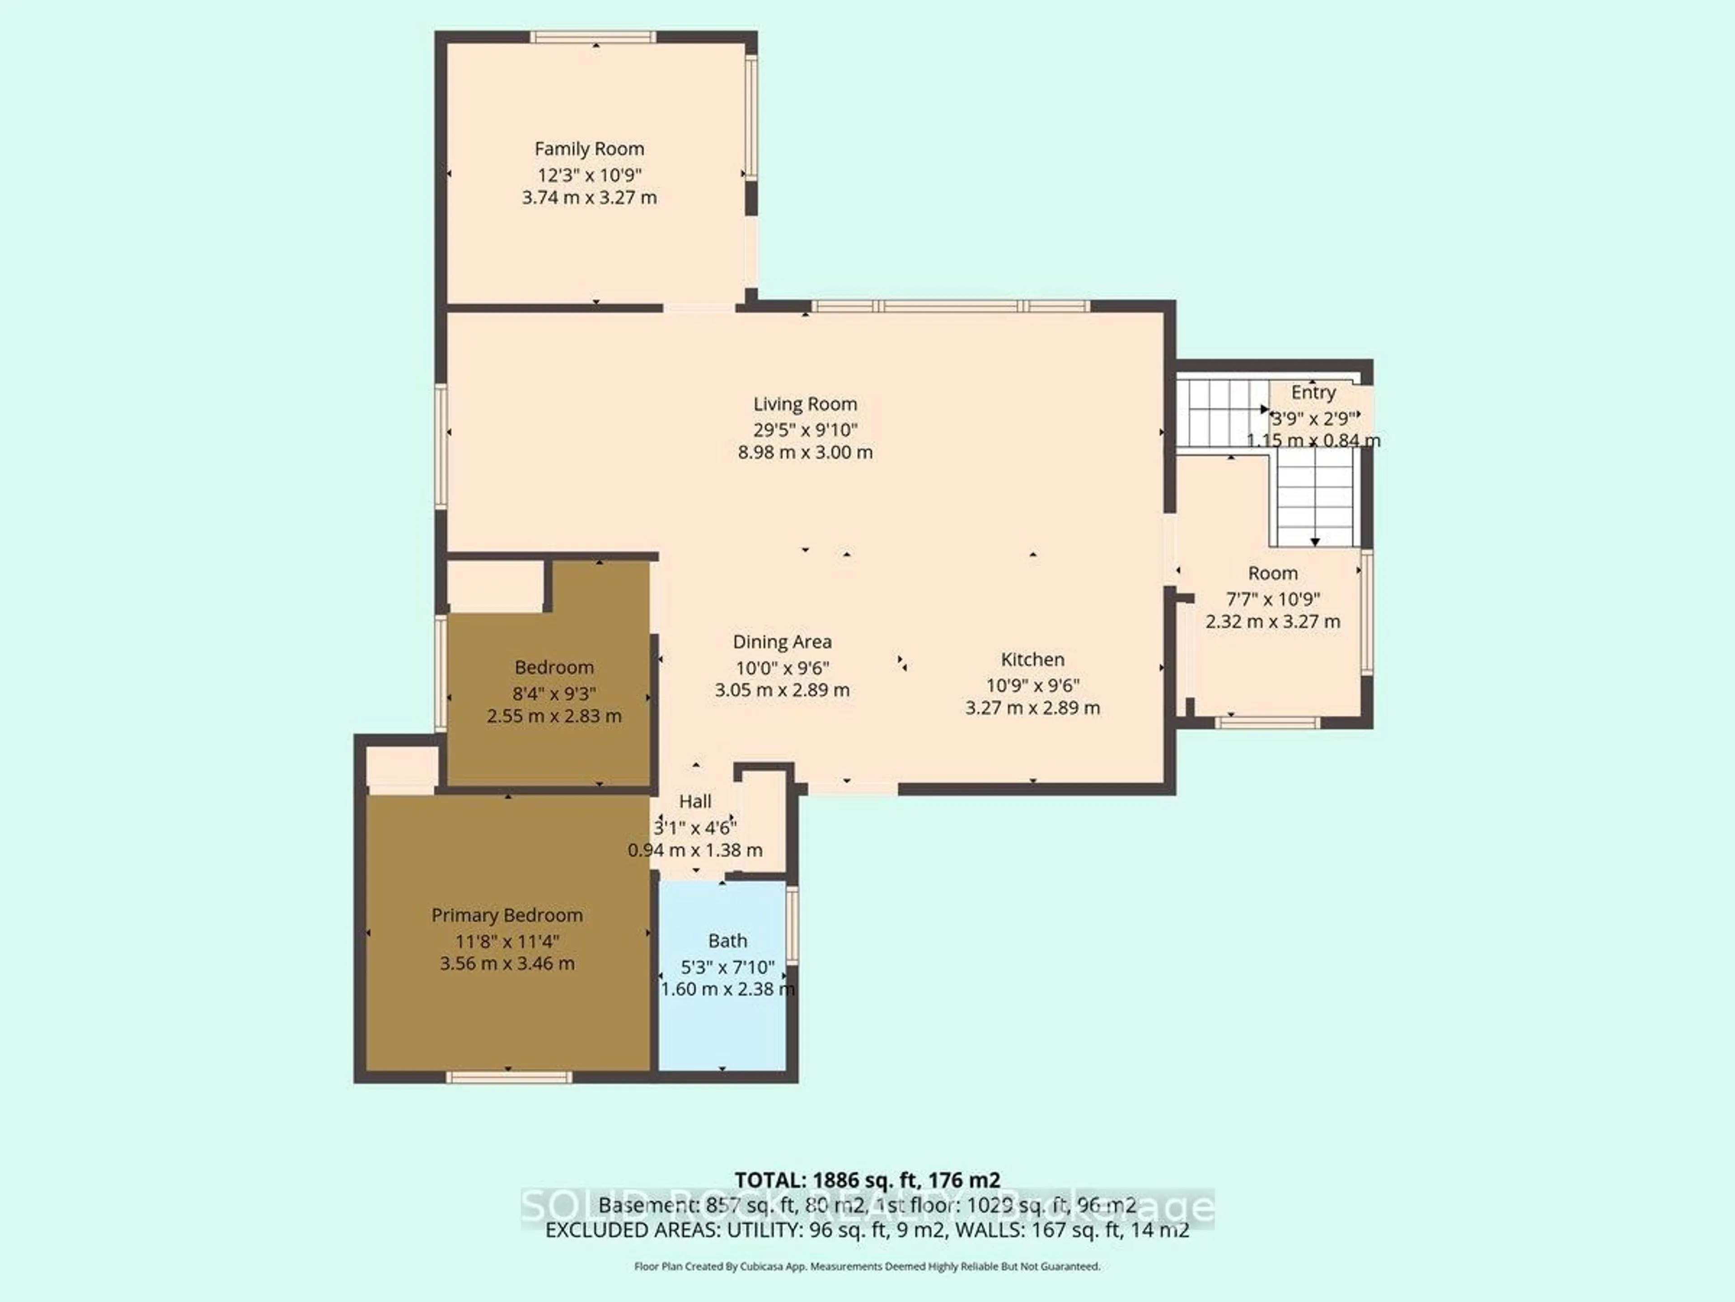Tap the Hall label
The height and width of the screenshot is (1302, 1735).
(x=695, y=801)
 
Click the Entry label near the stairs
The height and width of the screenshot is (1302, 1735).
(x=1313, y=392)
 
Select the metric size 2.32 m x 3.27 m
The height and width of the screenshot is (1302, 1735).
(x=1272, y=622)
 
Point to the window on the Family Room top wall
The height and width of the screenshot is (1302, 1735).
(x=592, y=37)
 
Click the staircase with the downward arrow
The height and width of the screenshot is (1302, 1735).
(x=1315, y=502)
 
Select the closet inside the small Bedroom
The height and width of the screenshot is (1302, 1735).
(x=494, y=585)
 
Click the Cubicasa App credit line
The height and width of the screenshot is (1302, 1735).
(x=867, y=1266)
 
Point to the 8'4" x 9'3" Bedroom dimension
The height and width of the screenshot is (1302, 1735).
(x=554, y=694)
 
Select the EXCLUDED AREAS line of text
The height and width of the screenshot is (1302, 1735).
(x=867, y=1230)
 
